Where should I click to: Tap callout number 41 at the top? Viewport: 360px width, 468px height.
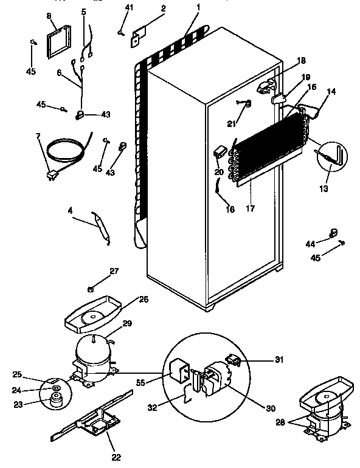[x=128, y=8]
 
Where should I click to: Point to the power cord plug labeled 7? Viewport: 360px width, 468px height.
[x=52, y=176]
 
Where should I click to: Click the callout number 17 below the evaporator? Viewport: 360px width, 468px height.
[x=249, y=208]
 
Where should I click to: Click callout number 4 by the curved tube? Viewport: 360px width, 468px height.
[x=71, y=211]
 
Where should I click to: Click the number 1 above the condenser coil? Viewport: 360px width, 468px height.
[x=198, y=8]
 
